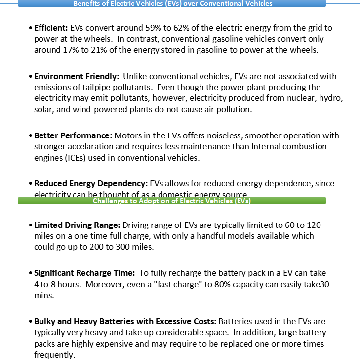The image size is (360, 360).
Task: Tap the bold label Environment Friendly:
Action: click(77, 76)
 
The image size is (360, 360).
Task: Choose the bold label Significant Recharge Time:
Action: click(83, 272)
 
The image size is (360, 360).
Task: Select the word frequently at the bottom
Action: click(54, 355)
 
